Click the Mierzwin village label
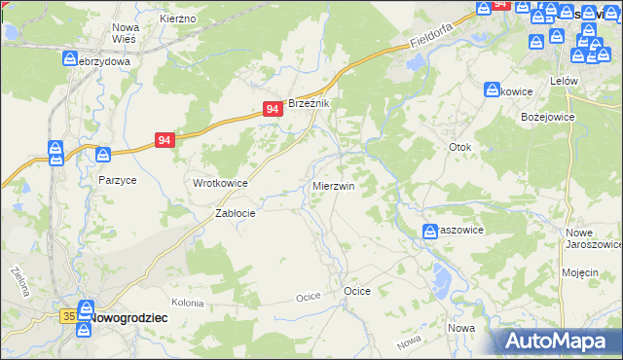[x=333, y=185]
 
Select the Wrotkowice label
[x=220, y=183]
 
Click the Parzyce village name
[x=117, y=180]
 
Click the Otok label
[x=459, y=148]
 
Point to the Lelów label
[x=564, y=81]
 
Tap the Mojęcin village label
[x=580, y=272]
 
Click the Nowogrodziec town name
[x=130, y=317]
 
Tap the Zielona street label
[x=18, y=280]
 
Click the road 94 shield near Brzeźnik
[x=274, y=111]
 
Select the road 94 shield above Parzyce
[x=165, y=141]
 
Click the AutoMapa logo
[x=558, y=342]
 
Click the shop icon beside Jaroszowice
[x=429, y=231]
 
